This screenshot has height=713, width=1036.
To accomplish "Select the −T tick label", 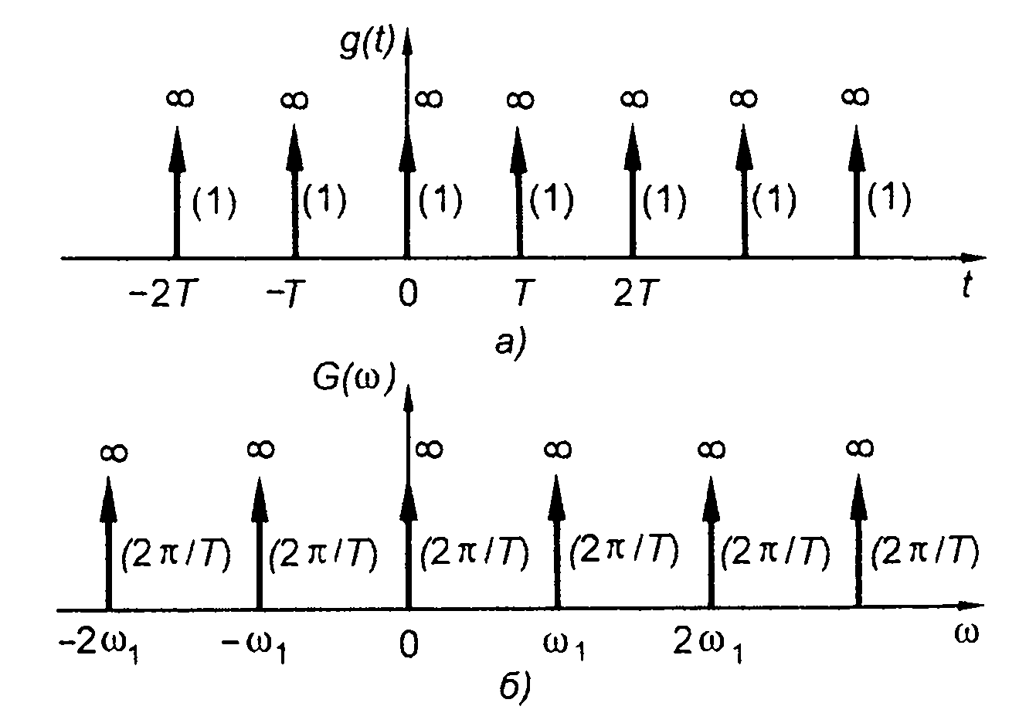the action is pos(286,295).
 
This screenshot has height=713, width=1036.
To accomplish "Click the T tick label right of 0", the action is pos(519,295).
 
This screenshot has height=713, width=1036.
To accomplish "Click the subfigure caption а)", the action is pos(510,340).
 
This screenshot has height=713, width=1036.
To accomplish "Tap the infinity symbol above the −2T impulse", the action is pos(181,97).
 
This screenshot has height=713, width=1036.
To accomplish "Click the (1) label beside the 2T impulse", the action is pos(664,201).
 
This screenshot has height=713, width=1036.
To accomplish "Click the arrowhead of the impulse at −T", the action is pos(294,144).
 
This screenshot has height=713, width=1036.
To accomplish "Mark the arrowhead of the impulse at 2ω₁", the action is pos(709,494).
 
